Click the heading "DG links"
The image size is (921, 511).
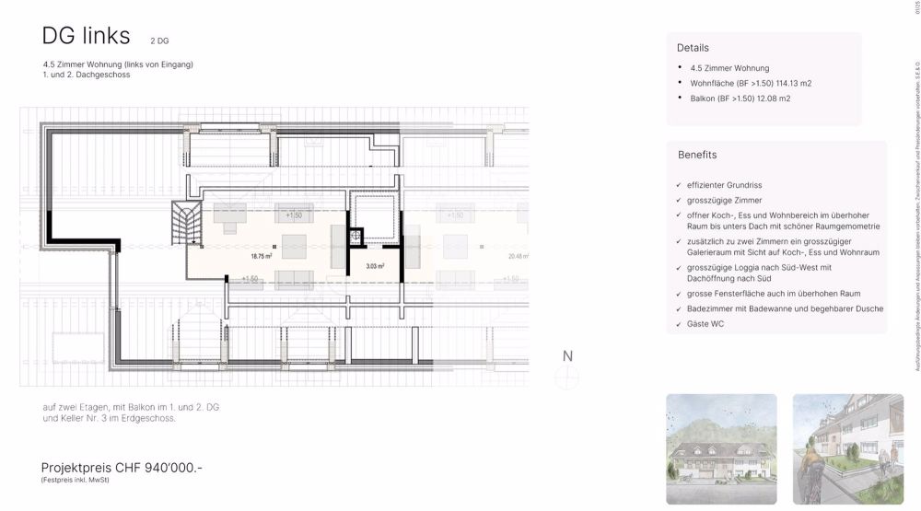(x=86, y=36)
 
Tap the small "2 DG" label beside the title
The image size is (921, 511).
(x=159, y=41)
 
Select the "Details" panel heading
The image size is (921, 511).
(x=693, y=48)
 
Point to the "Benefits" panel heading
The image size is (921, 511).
(x=697, y=155)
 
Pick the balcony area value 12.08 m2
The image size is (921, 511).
(x=774, y=98)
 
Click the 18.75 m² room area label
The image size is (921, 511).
(x=262, y=256)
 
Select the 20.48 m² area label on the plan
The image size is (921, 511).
(x=518, y=257)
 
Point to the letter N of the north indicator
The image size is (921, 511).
(x=568, y=356)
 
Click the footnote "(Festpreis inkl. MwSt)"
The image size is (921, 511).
(x=75, y=481)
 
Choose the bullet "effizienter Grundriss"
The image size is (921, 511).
(x=737, y=185)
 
